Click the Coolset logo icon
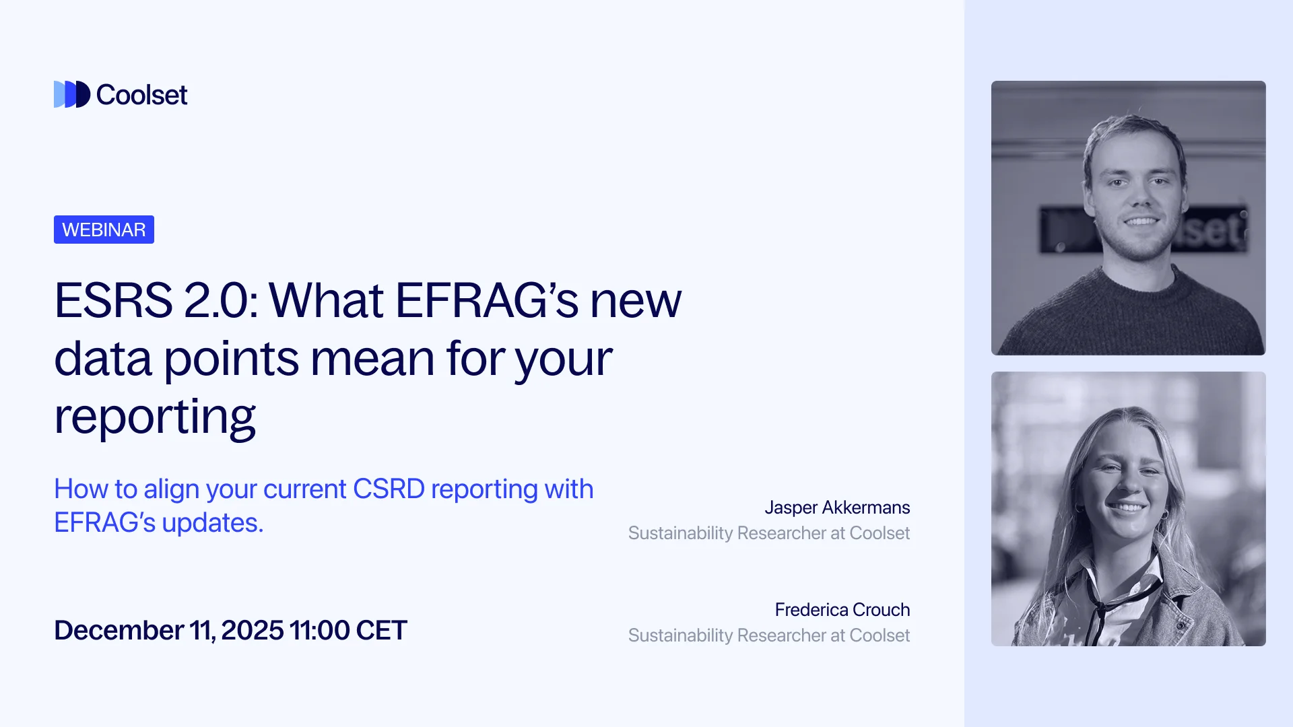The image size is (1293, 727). click(71, 94)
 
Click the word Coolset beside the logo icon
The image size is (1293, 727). click(142, 95)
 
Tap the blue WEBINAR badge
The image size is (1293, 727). click(104, 230)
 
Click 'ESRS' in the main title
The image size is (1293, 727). click(113, 300)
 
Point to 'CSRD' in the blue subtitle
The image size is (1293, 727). click(389, 489)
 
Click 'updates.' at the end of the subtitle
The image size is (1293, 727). click(213, 523)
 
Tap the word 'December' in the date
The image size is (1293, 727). click(119, 631)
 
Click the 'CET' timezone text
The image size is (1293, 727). click(381, 631)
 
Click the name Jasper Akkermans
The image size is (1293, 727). click(837, 508)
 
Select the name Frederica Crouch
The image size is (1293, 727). click(842, 610)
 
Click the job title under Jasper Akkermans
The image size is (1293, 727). click(768, 533)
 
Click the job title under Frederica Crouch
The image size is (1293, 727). click(768, 635)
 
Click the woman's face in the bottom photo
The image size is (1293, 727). click(1126, 481)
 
